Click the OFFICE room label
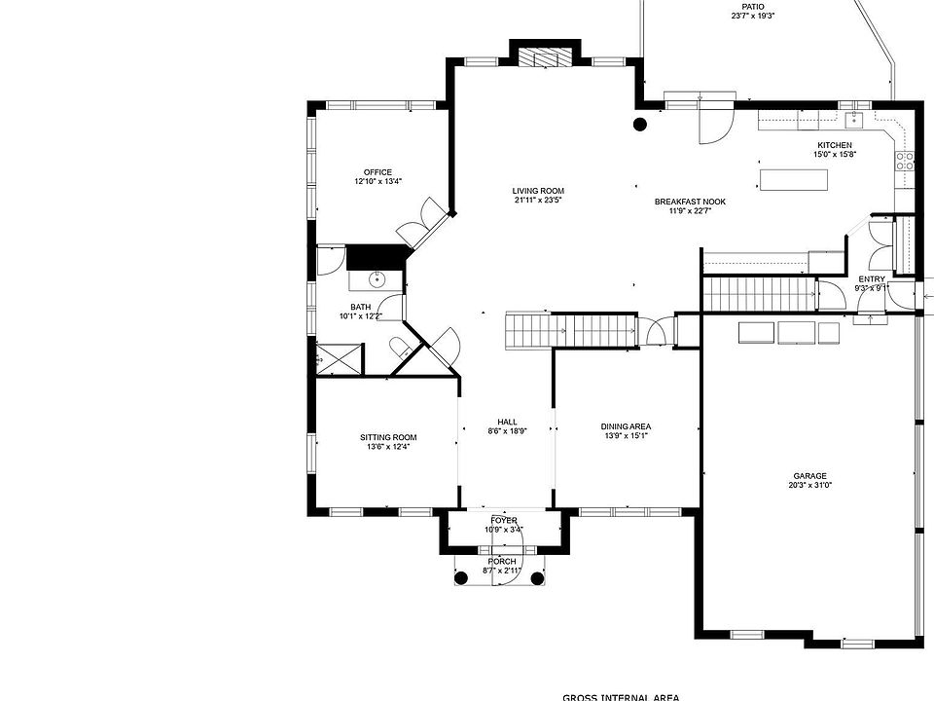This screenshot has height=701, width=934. click(x=377, y=172)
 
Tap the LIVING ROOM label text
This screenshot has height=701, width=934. click(x=538, y=191)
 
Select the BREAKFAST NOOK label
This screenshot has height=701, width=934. click(x=690, y=202)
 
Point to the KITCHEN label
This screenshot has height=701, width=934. click(x=834, y=145)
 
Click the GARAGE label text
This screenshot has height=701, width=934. click(x=808, y=476)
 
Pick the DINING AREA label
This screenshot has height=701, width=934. click(x=626, y=426)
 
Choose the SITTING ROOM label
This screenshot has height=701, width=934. click(x=387, y=437)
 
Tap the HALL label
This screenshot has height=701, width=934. click(x=507, y=422)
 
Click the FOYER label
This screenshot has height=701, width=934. click(x=504, y=521)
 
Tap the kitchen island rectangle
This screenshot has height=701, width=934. click(x=790, y=180)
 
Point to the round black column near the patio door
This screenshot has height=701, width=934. click(x=640, y=124)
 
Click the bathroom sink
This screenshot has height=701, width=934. click(x=377, y=279)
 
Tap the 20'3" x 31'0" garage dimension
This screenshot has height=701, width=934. click(x=808, y=486)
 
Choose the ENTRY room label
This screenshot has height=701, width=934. click(x=871, y=279)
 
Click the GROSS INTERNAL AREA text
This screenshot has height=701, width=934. click(x=620, y=696)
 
